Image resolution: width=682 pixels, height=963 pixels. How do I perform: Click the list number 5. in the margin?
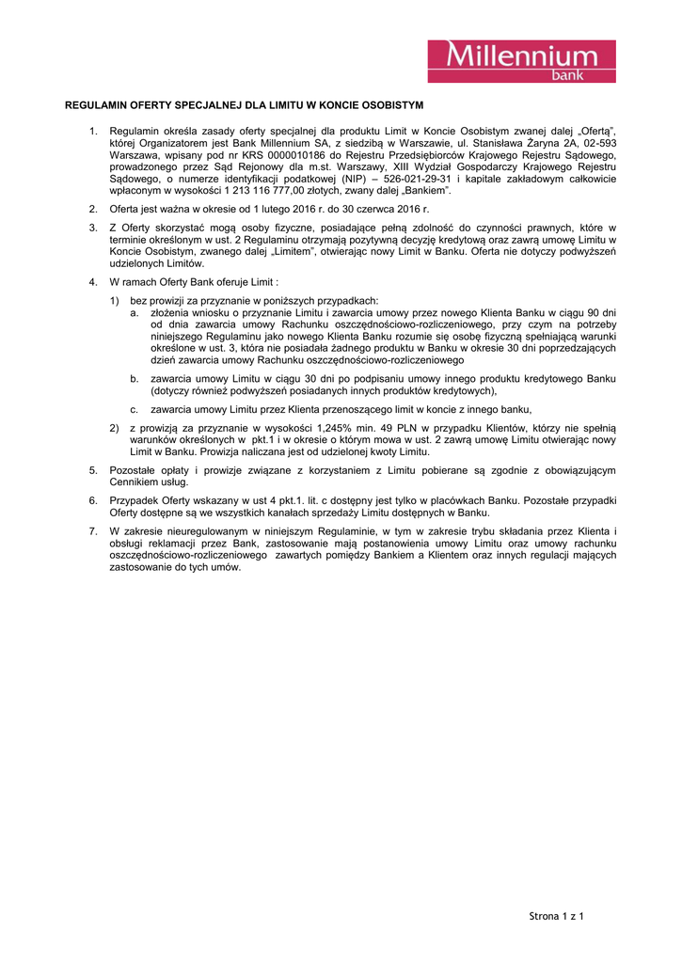[x=93, y=469]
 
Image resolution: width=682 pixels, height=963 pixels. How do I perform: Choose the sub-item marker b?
[x=135, y=378]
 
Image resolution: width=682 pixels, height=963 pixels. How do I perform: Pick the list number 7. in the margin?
[x=93, y=531]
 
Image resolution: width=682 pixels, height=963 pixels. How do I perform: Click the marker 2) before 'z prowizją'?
[x=114, y=428]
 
